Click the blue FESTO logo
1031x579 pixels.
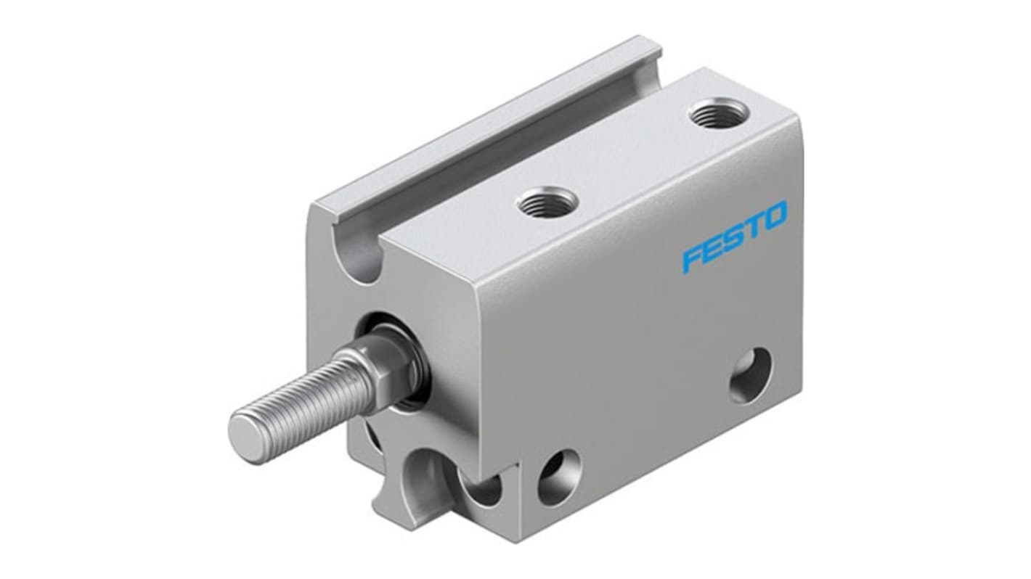tap(734, 237)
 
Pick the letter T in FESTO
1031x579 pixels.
tap(753, 226)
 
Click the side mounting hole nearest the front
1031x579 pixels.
tap(558, 477)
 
